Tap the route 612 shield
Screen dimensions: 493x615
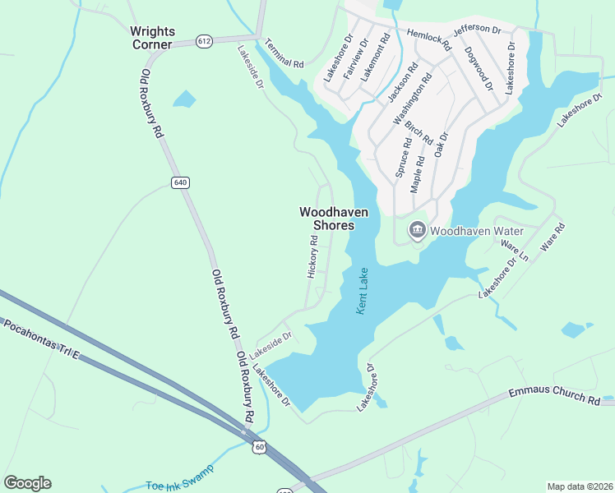(206, 40)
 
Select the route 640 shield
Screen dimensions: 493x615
(180, 182)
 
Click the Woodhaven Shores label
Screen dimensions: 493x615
(333, 218)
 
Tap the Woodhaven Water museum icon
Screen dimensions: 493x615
(417, 230)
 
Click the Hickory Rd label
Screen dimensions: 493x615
(312, 256)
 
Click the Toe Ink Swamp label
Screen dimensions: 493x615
(178, 477)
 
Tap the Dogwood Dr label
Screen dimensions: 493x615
(478, 68)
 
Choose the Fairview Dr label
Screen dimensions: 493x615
(351, 58)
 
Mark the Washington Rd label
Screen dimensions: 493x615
(412, 99)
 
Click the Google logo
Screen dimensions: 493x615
(27, 483)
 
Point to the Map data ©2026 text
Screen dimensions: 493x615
(580, 486)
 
